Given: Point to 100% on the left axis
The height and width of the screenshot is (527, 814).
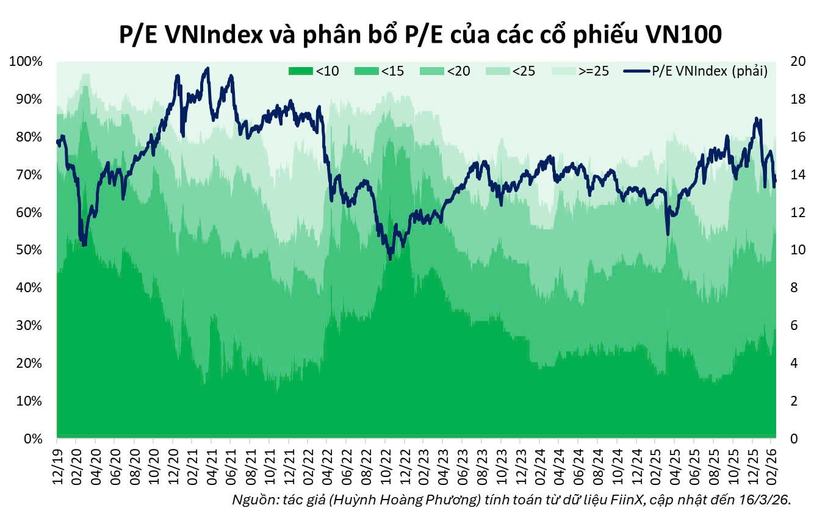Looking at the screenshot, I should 26,62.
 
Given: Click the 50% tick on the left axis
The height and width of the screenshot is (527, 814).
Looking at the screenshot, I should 29,251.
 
